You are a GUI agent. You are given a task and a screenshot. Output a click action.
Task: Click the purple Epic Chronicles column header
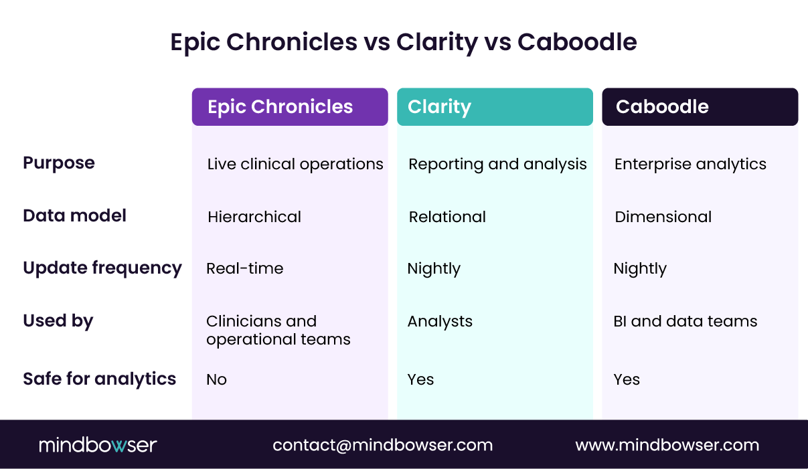(x=290, y=107)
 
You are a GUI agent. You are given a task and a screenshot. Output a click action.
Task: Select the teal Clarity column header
(x=495, y=107)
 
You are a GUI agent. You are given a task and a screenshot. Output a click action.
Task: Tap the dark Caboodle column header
(x=700, y=107)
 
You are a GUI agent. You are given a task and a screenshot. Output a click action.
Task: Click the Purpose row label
(x=59, y=163)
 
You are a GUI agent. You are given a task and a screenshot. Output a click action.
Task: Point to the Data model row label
(x=75, y=216)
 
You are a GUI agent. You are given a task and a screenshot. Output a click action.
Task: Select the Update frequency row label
(x=102, y=268)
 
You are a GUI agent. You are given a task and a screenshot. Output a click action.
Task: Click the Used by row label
(x=58, y=321)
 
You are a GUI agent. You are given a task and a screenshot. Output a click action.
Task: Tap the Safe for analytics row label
(x=100, y=379)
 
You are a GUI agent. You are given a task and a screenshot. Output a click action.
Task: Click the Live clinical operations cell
(x=295, y=165)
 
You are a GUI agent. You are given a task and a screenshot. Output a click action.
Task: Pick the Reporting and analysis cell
(x=497, y=165)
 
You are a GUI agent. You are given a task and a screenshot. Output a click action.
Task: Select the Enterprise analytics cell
(x=690, y=165)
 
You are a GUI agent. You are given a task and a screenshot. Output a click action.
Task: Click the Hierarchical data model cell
(x=254, y=217)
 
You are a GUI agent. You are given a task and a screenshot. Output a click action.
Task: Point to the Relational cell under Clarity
(x=447, y=217)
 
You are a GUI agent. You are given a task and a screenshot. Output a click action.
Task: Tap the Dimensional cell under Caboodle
(x=663, y=217)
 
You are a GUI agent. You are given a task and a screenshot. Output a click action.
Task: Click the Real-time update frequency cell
(x=245, y=269)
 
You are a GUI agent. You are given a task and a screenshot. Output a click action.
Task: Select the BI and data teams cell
(x=685, y=322)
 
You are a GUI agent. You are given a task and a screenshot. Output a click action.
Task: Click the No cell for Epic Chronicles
(x=216, y=380)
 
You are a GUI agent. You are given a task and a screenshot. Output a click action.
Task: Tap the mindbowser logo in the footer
(x=98, y=445)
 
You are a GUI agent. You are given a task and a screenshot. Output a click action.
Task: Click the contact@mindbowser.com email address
(x=383, y=445)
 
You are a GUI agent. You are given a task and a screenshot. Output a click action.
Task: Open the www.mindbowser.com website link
(x=667, y=445)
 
